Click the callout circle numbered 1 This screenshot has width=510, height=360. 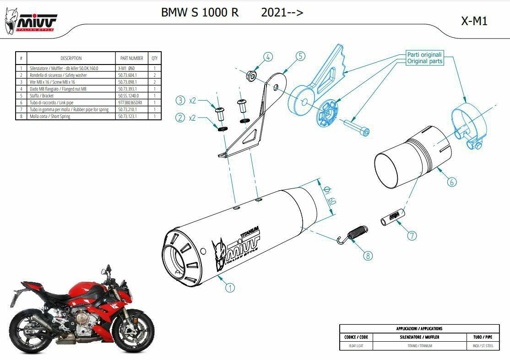coord(230,287)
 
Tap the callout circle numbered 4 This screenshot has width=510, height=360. coord(268,57)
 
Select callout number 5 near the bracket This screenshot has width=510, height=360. coord(300,56)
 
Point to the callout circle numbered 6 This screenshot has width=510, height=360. coord(451,182)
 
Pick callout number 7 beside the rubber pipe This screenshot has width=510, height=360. coord(412,236)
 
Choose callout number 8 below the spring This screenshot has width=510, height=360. coord(368,256)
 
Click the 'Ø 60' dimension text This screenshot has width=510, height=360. coord(329,195)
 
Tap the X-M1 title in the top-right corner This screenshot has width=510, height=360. coord(474,21)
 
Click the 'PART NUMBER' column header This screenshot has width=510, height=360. coord(132,58)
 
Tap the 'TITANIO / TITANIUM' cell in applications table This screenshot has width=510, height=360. coord(420,346)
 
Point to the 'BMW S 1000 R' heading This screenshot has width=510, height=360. coord(200,12)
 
